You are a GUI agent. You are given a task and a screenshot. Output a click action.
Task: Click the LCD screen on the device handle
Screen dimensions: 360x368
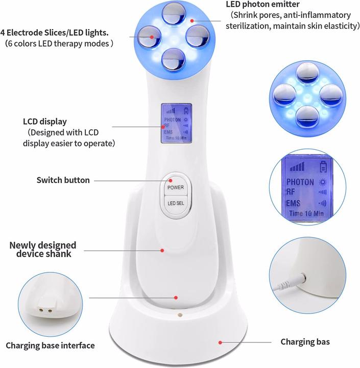[176, 123]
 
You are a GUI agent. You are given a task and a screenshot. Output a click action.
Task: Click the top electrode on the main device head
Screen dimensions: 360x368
[174, 13]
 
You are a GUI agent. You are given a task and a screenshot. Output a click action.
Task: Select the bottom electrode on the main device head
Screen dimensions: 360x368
[173, 59]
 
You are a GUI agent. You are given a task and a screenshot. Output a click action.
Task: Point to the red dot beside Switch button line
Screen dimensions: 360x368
[171, 180]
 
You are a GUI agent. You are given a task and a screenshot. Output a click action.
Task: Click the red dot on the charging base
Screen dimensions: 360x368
[220, 342]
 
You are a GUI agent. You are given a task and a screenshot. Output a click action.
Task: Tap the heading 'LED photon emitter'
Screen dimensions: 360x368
[262, 4]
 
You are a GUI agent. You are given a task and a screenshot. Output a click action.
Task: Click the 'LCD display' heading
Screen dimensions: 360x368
[45, 122]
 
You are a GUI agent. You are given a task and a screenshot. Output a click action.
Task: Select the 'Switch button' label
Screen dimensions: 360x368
[63, 180]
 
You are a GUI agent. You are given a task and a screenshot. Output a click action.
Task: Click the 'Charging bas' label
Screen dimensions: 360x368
[305, 342]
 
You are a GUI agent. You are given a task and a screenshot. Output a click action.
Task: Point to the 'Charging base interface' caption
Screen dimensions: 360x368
[50, 346]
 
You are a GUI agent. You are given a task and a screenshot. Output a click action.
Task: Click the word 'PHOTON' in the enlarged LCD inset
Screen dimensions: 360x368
[300, 182]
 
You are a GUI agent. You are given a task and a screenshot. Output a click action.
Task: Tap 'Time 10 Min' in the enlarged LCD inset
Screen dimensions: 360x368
[306, 213]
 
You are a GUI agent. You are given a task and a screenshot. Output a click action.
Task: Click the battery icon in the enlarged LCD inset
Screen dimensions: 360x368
[323, 167]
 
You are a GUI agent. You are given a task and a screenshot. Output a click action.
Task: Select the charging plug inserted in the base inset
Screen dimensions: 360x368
[290, 282]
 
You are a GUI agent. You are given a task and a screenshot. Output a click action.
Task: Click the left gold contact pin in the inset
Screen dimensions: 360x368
[41, 310]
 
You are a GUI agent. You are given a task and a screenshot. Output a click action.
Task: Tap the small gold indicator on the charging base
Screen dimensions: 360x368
[180, 315]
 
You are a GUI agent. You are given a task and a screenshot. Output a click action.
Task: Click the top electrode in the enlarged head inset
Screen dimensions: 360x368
[307, 73]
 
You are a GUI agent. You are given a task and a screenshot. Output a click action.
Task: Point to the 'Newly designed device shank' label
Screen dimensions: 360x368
[43, 249]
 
